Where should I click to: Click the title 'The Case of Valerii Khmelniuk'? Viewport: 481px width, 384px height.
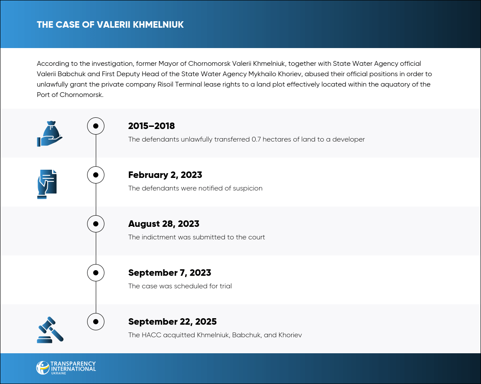[x=110, y=25]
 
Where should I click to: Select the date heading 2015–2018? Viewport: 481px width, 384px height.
[x=151, y=126]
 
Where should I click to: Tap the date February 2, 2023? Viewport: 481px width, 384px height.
[x=165, y=175]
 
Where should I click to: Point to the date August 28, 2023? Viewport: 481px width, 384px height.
[x=163, y=224]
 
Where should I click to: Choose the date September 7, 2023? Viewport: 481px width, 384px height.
[x=169, y=273]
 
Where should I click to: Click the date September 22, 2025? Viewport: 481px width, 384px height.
[x=172, y=322]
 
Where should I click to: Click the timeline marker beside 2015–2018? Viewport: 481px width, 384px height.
[x=96, y=126]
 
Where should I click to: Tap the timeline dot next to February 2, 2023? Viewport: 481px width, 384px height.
[x=96, y=175]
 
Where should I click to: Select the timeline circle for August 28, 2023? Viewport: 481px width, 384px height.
[x=96, y=224]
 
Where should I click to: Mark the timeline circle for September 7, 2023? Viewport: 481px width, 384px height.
[x=96, y=273]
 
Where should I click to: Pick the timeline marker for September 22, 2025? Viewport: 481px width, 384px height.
[x=96, y=322]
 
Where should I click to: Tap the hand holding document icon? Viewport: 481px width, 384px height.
[x=47, y=184]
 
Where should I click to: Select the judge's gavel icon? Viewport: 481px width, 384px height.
[x=50, y=330]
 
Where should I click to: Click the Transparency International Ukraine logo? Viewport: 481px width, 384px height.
[x=66, y=368]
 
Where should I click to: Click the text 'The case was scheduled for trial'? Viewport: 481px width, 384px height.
[x=180, y=286]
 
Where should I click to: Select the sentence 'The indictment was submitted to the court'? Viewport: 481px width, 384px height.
[x=196, y=237]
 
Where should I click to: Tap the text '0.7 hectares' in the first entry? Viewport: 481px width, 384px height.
[x=270, y=139]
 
